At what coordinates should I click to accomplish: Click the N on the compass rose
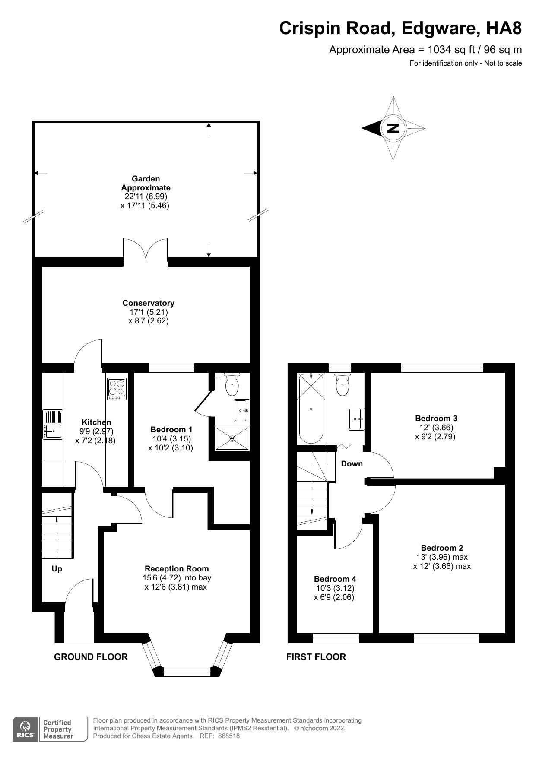coord(393,128)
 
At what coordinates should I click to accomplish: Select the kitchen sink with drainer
coord(52,425)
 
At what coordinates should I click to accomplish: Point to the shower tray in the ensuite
coord(232,439)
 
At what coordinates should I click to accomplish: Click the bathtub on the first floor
coord(311,408)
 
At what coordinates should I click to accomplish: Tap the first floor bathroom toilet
coord(343,384)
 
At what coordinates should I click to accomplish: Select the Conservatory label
coord(148,303)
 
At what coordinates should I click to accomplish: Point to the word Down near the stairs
coord(352,464)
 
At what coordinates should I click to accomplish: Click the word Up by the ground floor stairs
coord(57,569)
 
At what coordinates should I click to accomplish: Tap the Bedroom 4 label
coord(335,579)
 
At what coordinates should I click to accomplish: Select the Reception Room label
coord(176,569)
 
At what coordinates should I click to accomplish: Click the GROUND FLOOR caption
coord(91,657)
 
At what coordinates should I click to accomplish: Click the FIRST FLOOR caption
coord(316,657)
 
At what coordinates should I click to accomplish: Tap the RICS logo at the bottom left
coord(24,729)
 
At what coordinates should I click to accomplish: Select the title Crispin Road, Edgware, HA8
coord(400,28)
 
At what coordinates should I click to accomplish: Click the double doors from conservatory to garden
coord(146,250)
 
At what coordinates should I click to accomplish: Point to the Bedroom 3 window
coord(442,368)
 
